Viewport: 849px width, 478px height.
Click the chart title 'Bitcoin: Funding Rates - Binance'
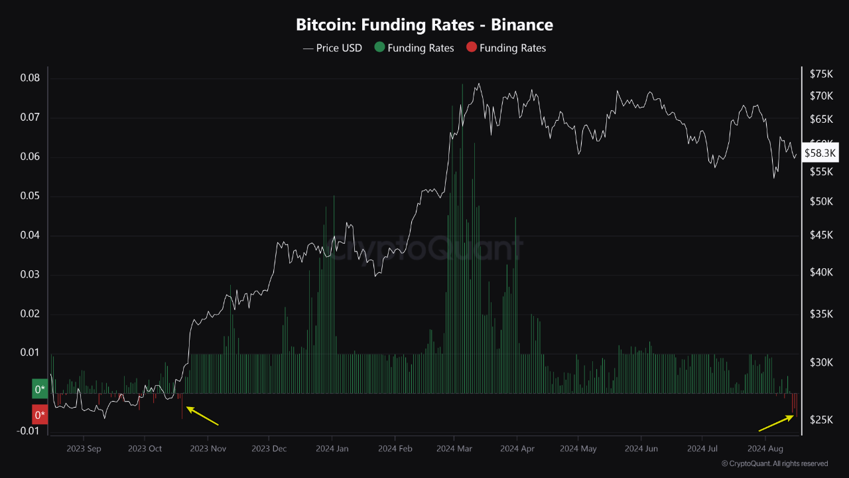424,25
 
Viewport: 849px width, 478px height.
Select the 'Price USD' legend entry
332,48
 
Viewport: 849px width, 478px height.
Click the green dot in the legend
379,48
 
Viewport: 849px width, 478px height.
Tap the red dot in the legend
472,48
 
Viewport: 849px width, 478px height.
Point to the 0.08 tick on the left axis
29,78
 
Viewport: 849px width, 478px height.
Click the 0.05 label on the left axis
29,197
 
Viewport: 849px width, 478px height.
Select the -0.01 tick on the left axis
27,432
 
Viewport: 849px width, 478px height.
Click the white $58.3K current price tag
820,153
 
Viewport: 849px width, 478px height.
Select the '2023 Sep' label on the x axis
84,449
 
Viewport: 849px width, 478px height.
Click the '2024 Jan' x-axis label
334,449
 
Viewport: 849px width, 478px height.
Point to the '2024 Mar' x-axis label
454,449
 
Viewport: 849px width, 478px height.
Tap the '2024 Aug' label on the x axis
765,449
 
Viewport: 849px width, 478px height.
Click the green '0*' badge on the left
40,389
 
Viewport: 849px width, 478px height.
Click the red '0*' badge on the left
40,416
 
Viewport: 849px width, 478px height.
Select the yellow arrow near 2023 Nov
202,416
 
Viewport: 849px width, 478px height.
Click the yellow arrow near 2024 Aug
776,423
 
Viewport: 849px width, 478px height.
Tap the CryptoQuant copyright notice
774,463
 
